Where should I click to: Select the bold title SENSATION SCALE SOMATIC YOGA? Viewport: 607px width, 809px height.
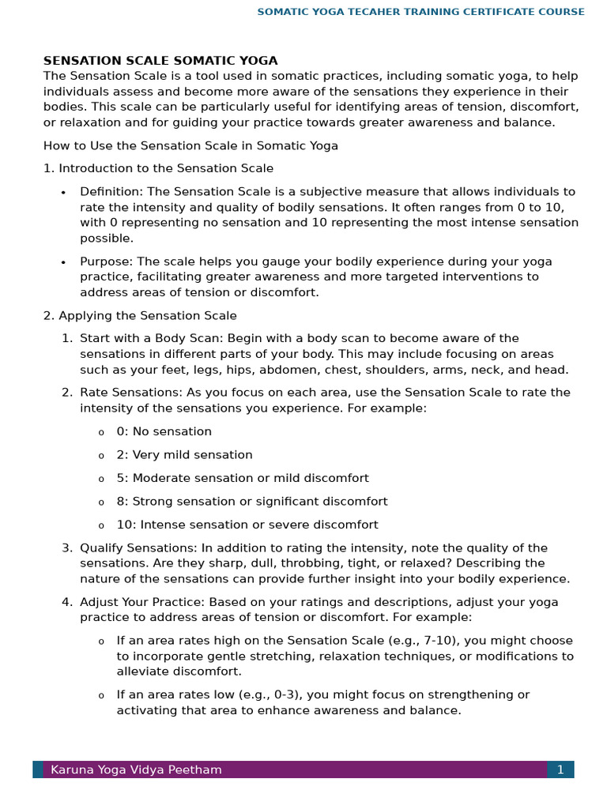(160, 61)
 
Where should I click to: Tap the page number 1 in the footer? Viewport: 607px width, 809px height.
(560, 769)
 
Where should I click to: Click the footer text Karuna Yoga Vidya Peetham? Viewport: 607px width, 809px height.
(136, 769)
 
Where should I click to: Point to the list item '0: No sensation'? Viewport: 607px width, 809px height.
(164, 432)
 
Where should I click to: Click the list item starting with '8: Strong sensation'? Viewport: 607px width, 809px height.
(251, 502)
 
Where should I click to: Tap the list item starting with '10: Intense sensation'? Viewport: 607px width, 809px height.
(247, 525)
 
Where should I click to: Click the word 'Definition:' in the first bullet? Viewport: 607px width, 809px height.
(111, 192)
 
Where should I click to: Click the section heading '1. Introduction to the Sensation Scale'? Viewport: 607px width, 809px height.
(158, 168)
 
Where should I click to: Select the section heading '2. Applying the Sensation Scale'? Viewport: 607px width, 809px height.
(140, 316)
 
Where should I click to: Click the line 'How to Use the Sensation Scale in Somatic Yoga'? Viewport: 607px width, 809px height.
(190, 146)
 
